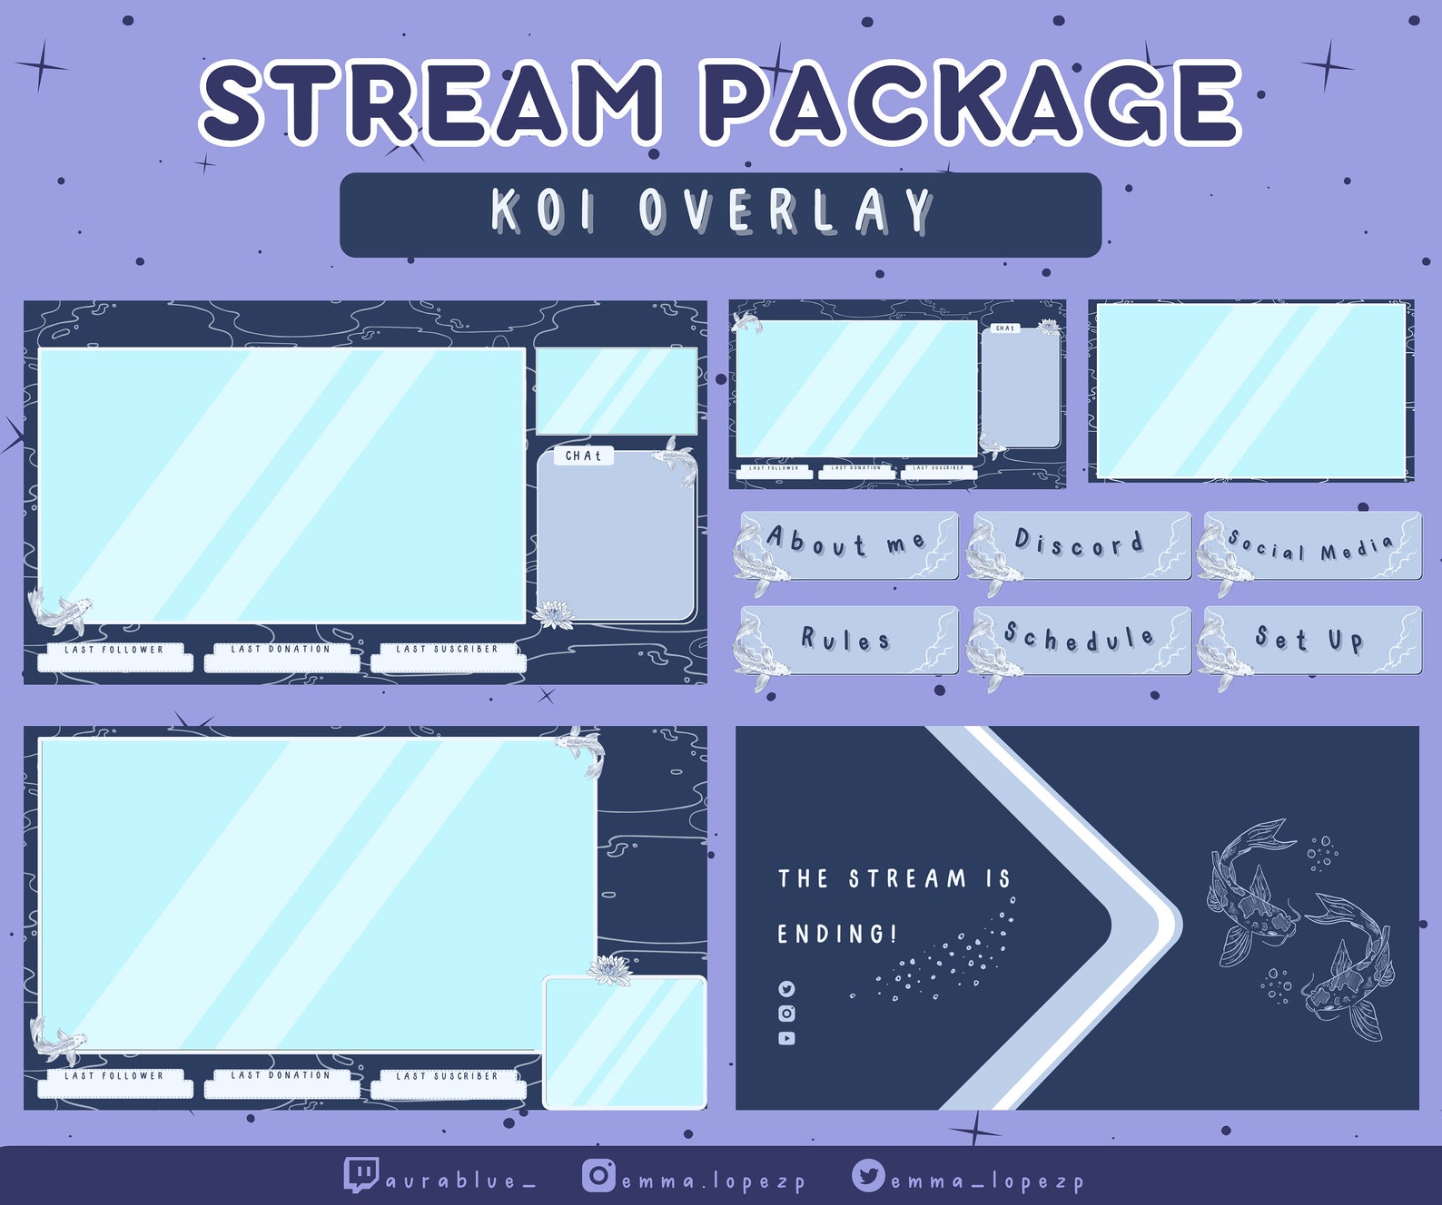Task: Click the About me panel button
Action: pyautogui.click(x=849, y=544)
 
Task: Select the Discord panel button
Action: pyautogui.click(x=1081, y=544)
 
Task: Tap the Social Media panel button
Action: pyautogui.click(x=1312, y=546)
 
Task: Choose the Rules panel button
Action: pyautogui.click(x=849, y=640)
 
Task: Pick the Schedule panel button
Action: pyautogui.click(x=1081, y=640)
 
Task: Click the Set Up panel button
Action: pyautogui.click(x=1312, y=640)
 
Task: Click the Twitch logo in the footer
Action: pyautogui.click(x=360, y=1174)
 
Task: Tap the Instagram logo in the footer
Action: pyautogui.click(x=598, y=1176)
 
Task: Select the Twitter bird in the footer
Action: pyautogui.click(x=868, y=1176)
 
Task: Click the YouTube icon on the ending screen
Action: pyautogui.click(x=786, y=1038)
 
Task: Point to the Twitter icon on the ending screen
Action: pyautogui.click(x=786, y=989)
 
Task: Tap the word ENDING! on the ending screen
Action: pyautogui.click(x=836, y=934)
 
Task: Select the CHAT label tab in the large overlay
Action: pyautogui.click(x=583, y=456)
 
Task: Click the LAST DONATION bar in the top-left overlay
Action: pyautogui.click(x=281, y=658)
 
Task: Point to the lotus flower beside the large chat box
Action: pyautogui.click(x=554, y=613)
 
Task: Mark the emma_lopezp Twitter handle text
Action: pyautogui.click(x=987, y=1181)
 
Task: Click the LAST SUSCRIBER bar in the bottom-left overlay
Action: pyautogui.click(x=448, y=1084)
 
